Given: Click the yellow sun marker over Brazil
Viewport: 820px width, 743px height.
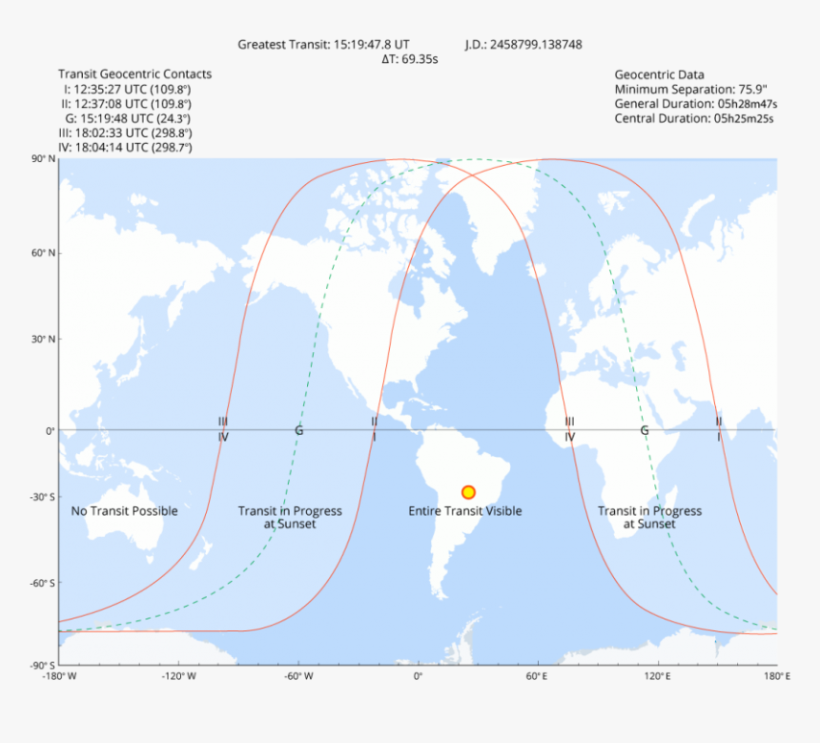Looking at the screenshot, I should tap(468, 492).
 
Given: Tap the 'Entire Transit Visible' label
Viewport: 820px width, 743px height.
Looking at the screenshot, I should tap(465, 511).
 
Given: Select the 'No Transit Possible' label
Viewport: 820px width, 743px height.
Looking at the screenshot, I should tap(124, 511).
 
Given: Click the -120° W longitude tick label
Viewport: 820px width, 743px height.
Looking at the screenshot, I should tap(178, 676).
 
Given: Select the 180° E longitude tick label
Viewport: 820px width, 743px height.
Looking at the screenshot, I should tap(776, 676).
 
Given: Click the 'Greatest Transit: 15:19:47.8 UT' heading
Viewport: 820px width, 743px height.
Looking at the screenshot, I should tap(324, 44).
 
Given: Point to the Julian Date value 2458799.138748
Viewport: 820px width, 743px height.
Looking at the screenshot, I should tap(523, 44).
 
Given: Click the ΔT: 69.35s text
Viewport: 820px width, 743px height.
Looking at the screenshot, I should tap(410, 59).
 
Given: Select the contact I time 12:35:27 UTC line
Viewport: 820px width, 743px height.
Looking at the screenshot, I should tap(126, 89).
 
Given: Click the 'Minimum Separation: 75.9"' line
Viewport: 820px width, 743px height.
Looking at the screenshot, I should tap(682, 89).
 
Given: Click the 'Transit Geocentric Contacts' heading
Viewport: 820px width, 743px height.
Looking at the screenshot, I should tap(135, 73).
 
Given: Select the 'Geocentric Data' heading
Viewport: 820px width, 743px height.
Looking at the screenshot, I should tap(660, 74).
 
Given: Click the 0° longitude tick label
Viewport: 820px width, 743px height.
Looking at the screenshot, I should tap(417, 676).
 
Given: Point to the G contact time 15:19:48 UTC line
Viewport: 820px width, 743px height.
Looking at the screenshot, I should tap(128, 118).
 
